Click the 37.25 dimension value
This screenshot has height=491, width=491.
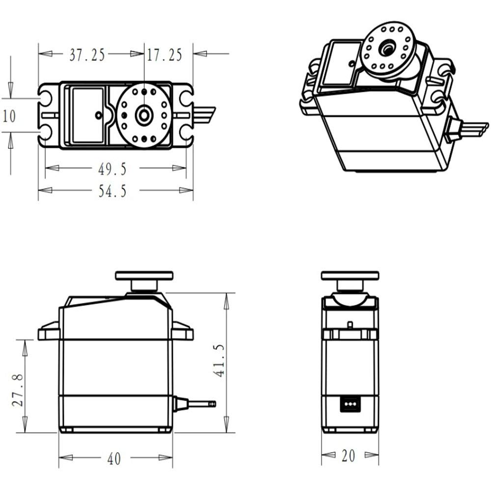tap(87, 55)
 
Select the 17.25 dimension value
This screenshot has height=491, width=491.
tap(164, 55)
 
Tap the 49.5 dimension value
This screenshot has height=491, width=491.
tap(112, 169)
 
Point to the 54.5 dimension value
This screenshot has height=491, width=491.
tap(112, 191)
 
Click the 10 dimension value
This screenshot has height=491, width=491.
tap(9, 116)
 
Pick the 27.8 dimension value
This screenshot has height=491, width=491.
tap(18, 390)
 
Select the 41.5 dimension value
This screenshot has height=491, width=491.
tap(219, 360)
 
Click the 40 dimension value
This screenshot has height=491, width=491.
tap(114, 459)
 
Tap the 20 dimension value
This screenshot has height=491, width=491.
tap(348, 456)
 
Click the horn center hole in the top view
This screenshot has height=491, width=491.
tap(144, 115)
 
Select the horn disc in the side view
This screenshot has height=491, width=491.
tap(144, 275)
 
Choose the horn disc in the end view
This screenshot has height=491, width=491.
tap(350, 275)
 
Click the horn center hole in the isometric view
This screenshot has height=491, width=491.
tap(388, 49)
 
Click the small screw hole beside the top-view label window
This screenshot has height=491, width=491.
tap(98, 115)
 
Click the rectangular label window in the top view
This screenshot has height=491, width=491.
tap(88, 115)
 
